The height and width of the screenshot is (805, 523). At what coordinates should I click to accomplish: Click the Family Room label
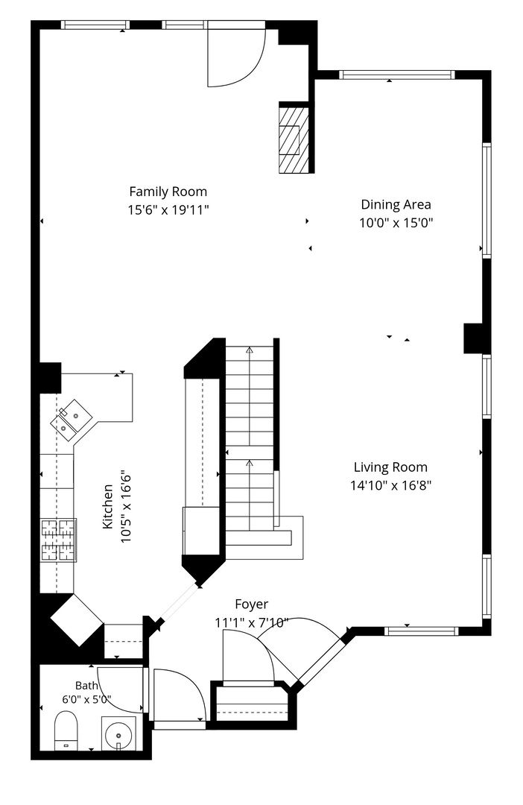(168, 192)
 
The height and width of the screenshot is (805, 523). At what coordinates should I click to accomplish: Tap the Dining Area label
(396, 204)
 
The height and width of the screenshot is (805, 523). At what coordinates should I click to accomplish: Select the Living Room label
(390, 467)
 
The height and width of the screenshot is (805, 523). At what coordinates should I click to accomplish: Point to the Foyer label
(252, 604)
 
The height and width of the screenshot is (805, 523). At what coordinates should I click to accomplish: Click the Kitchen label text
(108, 506)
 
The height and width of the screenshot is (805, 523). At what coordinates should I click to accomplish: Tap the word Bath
(86, 686)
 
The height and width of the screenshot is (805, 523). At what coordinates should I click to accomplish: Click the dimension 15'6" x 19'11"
(168, 210)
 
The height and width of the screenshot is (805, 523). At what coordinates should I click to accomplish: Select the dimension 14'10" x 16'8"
(390, 485)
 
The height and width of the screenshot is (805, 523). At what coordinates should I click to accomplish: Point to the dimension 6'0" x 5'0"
(86, 699)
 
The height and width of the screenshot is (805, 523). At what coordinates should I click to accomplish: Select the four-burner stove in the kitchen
(59, 540)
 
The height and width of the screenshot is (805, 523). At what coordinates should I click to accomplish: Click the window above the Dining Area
(397, 75)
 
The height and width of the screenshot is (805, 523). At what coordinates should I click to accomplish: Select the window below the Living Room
(422, 631)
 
